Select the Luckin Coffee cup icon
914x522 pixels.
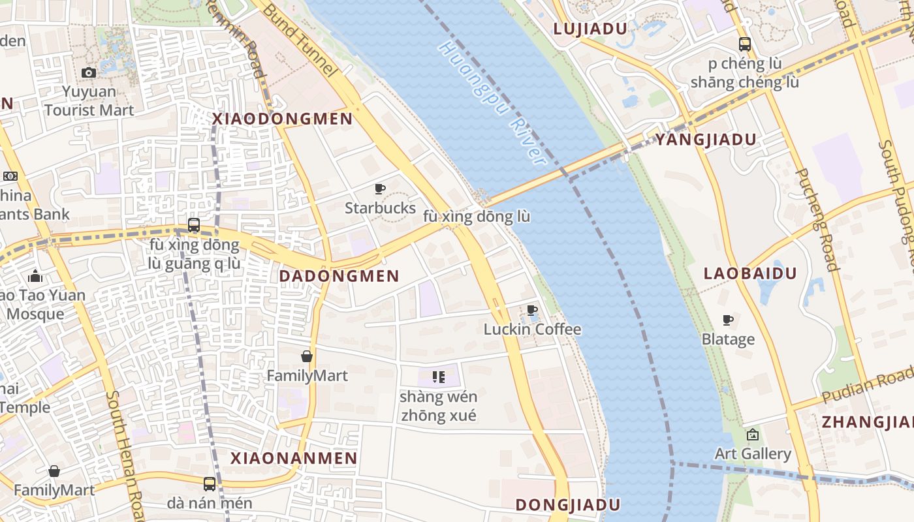tap(532, 310)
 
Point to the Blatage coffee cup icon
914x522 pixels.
tap(728, 320)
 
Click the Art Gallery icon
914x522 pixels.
tap(753, 434)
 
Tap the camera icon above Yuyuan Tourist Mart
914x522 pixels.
tap(89, 72)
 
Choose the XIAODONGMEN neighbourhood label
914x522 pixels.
tap(282, 119)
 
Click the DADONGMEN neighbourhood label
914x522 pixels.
tap(339, 276)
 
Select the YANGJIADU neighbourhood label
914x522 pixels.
tap(706, 140)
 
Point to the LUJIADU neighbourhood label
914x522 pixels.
tap(590, 29)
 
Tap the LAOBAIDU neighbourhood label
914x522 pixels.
tap(750, 273)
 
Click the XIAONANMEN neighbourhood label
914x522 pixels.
tap(294, 458)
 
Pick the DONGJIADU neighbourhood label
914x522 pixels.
tap(567, 505)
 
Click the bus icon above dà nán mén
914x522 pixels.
tap(209, 484)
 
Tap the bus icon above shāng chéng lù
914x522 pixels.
tap(745, 44)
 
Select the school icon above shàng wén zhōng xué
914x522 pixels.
tap(439, 376)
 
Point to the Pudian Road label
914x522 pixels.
tap(868, 385)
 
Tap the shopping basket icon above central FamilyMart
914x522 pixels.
tap(307, 356)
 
